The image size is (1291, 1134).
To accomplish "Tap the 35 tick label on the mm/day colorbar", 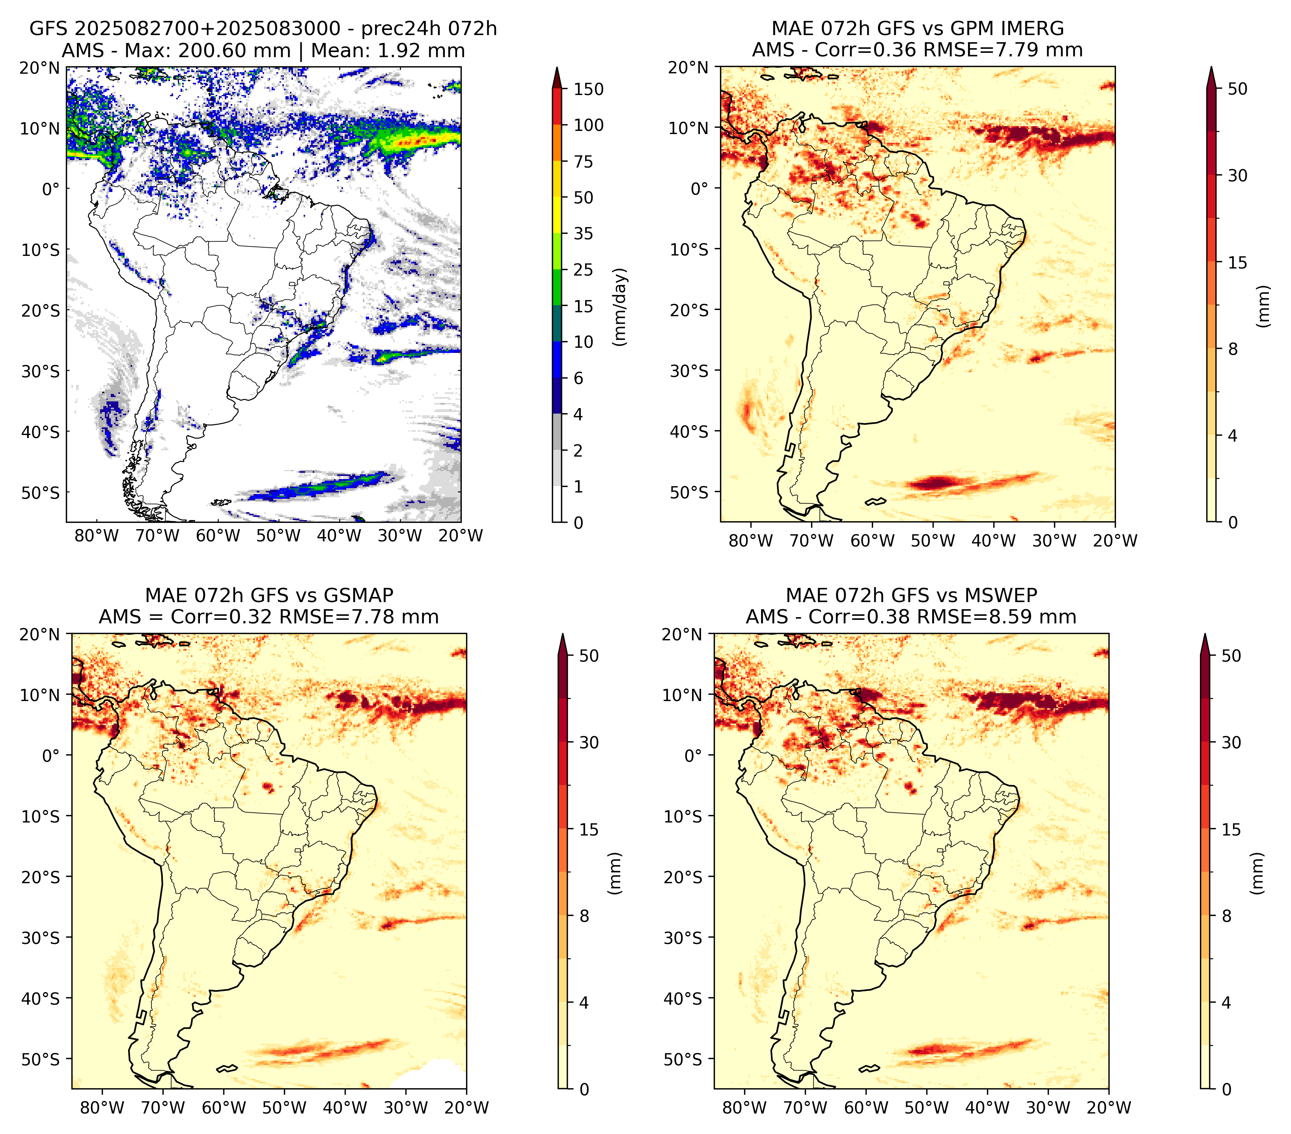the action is coord(583,233).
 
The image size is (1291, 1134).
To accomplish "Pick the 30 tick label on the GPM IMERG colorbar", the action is coord(1237,175).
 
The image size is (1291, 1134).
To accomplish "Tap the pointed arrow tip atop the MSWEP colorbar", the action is coord(1205,634).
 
